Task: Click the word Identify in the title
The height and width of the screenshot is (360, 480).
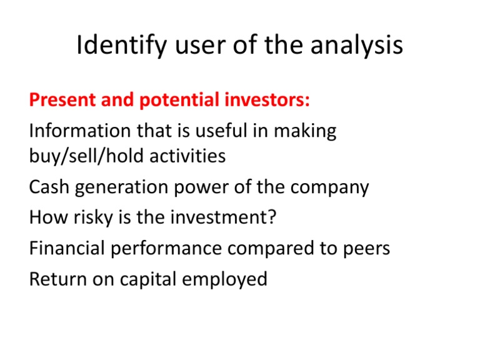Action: (x=121, y=45)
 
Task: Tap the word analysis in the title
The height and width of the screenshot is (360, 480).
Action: (x=357, y=45)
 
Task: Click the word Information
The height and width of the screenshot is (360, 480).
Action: (x=80, y=131)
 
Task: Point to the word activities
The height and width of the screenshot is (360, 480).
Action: (x=187, y=156)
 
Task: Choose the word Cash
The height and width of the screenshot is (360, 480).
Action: (x=49, y=187)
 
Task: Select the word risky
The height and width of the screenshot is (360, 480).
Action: (x=93, y=218)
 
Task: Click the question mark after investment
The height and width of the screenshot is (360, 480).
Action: (x=272, y=217)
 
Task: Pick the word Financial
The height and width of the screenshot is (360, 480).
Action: (x=67, y=248)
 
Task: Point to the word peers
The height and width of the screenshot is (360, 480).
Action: (x=366, y=249)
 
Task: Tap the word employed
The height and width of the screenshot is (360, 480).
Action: (x=225, y=280)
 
